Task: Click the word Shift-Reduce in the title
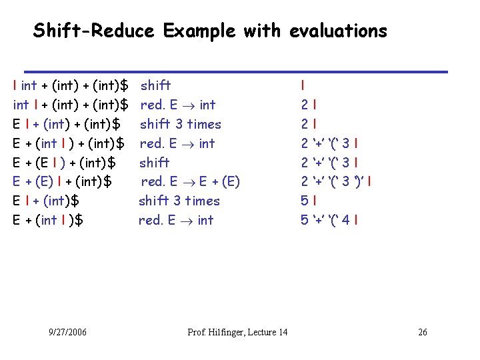click(93, 31)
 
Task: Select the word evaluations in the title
click(337, 31)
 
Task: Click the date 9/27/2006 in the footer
click(67, 332)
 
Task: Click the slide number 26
click(423, 332)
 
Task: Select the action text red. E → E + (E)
click(190, 181)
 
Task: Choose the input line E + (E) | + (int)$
click(62, 181)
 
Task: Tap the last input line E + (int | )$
click(48, 220)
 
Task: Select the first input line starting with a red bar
click(71, 85)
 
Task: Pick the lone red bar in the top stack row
click(303, 85)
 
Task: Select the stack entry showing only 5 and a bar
click(309, 201)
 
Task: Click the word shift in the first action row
click(155, 85)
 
